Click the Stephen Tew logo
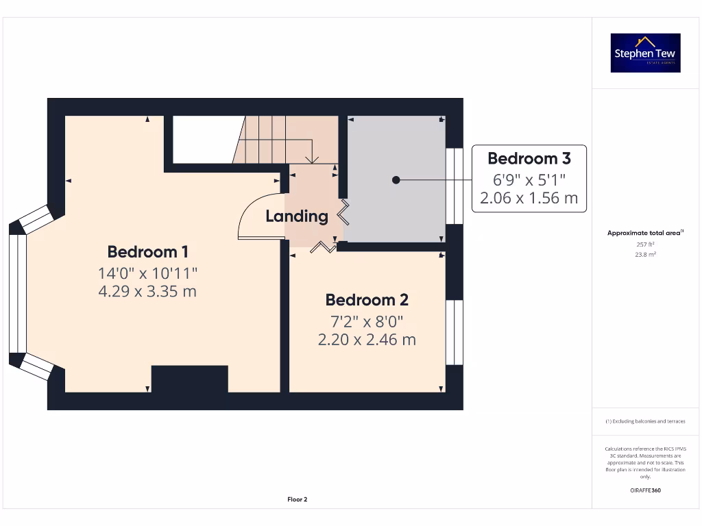tap(646, 53)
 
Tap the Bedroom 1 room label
tap(147, 251)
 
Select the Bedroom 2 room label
tap(367, 300)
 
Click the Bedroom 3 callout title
tap(529, 158)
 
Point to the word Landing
tap(296, 216)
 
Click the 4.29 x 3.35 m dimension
tap(147, 291)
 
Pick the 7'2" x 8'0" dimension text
tap(367, 321)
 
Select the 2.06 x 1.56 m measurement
tap(529, 199)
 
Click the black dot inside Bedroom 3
tap(396, 179)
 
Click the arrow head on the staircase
tap(313, 160)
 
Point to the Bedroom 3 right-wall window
tap(455, 186)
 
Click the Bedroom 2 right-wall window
tap(455, 332)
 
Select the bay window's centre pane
tap(18, 294)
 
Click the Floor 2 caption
tap(297, 499)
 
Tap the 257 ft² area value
tap(645, 244)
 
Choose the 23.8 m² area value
tap(645, 254)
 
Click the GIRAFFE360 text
tap(645, 490)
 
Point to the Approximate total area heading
tap(644, 233)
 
